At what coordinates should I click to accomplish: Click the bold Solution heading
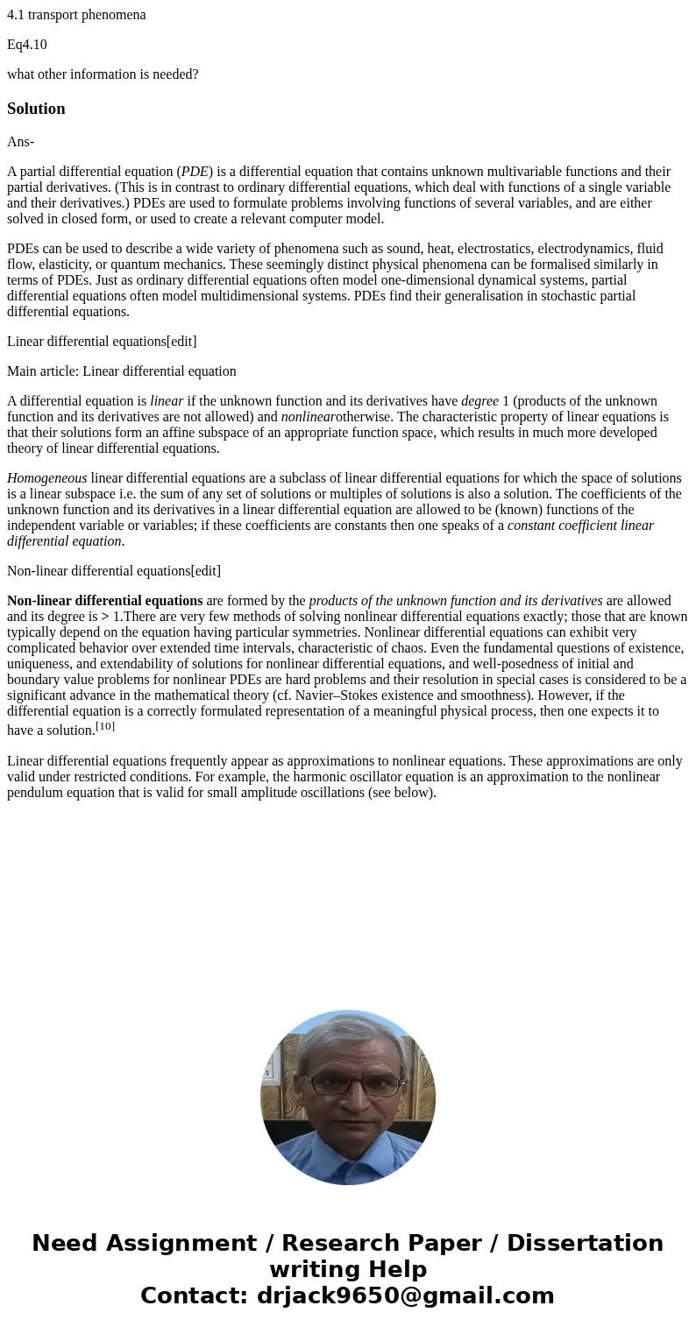click(36, 109)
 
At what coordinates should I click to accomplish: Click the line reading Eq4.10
click(27, 45)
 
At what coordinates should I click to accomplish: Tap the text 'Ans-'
click(20, 142)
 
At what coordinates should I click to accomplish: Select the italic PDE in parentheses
click(195, 172)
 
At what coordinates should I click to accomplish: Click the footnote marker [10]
click(105, 726)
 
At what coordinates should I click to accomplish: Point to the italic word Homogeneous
click(46, 478)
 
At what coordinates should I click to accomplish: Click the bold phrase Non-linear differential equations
click(104, 601)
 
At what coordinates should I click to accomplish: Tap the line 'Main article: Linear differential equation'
click(121, 371)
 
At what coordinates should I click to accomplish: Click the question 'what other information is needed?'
click(103, 74)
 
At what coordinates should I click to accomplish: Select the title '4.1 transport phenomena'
click(76, 15)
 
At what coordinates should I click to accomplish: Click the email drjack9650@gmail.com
click(405, 1295)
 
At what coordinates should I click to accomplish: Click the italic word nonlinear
click(308, 417)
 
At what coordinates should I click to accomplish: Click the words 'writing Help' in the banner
click(348, 1269)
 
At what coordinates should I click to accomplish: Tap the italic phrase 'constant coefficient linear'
click(580, 526)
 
